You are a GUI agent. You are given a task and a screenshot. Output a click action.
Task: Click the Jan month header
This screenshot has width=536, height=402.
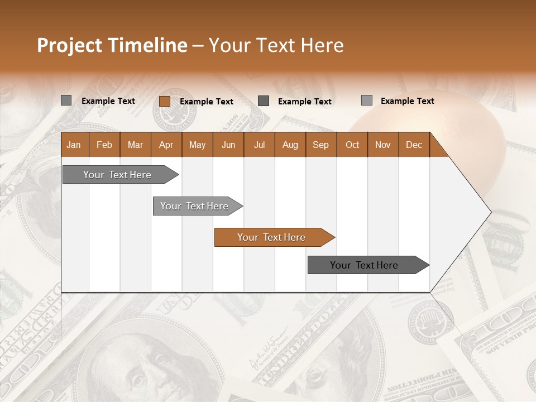coord(74,145)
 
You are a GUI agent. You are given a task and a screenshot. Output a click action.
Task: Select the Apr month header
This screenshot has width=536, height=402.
coord(166,145)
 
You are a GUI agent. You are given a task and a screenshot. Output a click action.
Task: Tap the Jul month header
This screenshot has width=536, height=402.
coord(259,145)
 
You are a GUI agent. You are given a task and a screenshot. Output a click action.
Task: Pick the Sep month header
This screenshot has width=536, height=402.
coord(320,145)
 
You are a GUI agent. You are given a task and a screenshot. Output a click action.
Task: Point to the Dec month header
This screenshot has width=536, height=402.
coord(414,145)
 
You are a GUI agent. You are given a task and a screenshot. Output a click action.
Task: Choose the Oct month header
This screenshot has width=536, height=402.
coord(352,145)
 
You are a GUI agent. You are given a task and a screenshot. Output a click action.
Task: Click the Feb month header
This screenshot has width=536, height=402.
coord(104,145)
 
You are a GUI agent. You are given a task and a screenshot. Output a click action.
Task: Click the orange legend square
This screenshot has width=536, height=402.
coord(164,101)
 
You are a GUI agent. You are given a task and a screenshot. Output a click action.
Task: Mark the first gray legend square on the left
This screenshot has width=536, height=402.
coord(66,100)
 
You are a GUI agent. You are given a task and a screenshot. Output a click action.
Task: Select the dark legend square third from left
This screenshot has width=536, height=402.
coord(264,101)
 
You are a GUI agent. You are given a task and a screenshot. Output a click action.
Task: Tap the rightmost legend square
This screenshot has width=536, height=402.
coord(366,100)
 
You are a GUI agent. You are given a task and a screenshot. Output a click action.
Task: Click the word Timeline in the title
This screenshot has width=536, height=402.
coord(147,45)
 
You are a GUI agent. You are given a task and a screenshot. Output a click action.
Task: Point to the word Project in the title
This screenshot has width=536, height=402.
coord(69,45)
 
